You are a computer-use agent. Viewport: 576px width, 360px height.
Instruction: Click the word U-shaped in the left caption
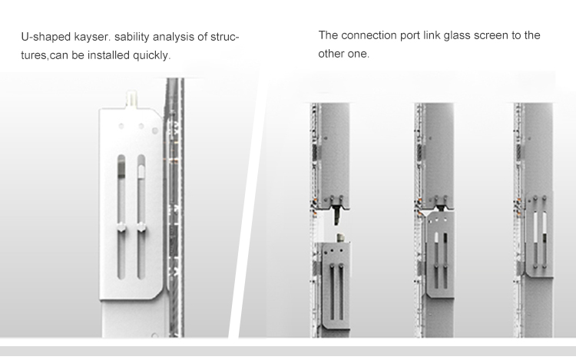[45, 37]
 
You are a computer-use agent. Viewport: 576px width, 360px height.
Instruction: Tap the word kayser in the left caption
[91, 37]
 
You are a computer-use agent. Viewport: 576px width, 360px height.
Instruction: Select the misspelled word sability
[132, 37]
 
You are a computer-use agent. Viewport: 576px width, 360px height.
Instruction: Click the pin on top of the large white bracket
[131, 98]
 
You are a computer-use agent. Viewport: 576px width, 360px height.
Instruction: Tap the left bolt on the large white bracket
[121, 227]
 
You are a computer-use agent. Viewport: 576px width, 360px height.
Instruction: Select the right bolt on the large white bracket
[141, 227]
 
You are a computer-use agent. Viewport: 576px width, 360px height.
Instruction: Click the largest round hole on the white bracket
[155, 130]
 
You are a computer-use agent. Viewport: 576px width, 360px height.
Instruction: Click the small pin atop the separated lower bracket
[340, 237]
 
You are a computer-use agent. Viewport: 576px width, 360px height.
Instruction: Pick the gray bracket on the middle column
[440, 253]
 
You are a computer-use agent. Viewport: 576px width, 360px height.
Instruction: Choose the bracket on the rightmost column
[539, 235]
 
